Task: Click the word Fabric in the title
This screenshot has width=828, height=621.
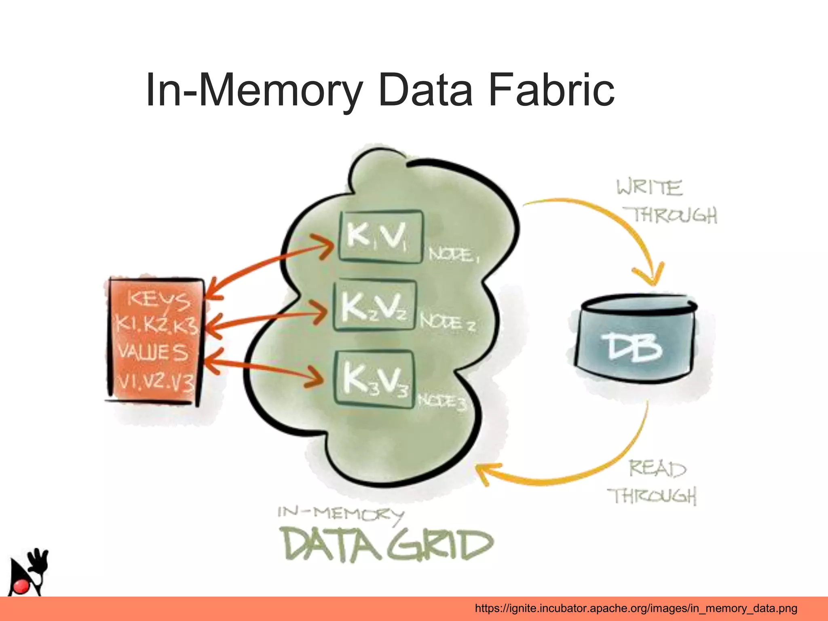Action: pyautogui.click(x=551, y=90)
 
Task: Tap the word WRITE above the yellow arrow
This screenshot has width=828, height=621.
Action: pyautogui.click(x=649, y=188)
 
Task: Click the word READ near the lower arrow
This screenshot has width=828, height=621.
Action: pyautogui.click(x=657, y=469)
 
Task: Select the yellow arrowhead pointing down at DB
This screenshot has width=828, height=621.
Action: pyautogui.click(x=649, y=275)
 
